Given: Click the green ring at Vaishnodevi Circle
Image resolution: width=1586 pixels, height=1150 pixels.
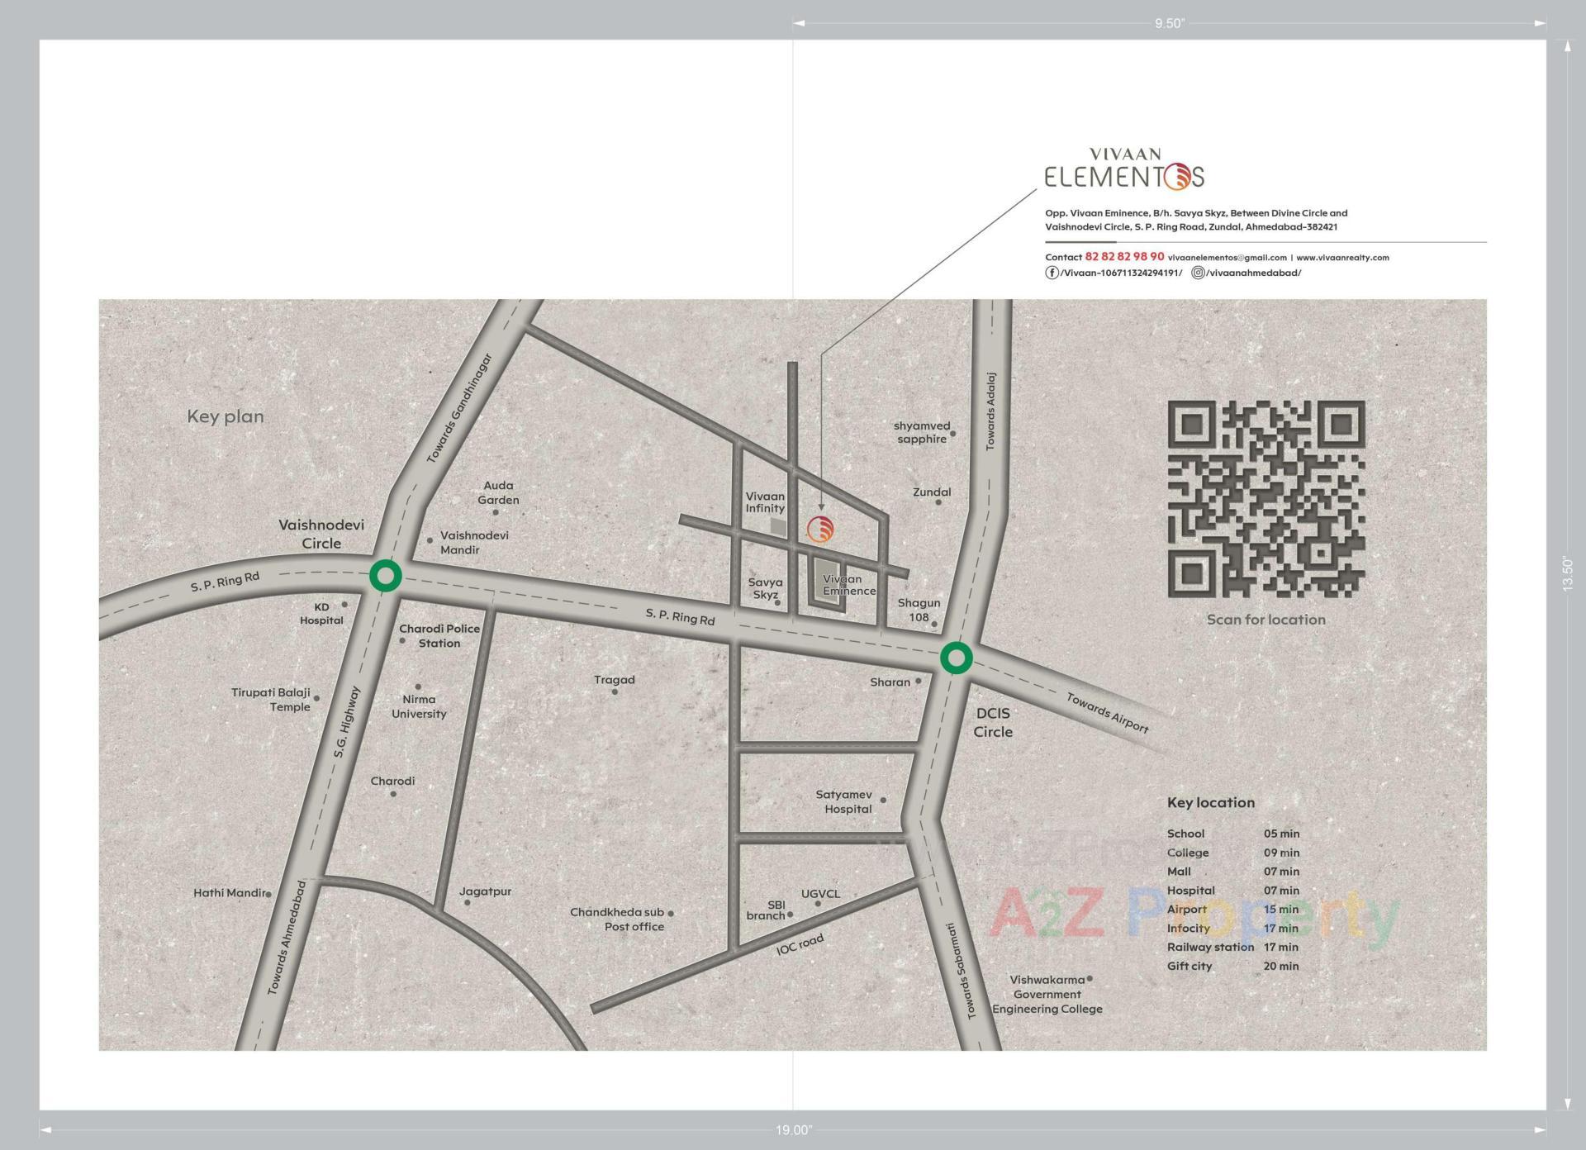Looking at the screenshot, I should coord(385,576).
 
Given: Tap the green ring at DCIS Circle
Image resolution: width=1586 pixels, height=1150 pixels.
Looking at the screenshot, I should coord(956,658).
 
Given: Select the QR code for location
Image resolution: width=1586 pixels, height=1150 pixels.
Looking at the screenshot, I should coord(1265,499).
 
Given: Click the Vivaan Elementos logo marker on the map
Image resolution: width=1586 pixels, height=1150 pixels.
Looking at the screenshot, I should coord(820,530).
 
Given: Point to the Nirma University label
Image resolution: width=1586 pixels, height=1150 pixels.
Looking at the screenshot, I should coord(419,706).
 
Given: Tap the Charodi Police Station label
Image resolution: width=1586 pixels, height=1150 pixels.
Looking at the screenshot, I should coord(439,635).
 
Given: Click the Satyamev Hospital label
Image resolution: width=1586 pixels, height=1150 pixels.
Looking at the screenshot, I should coord(844,801).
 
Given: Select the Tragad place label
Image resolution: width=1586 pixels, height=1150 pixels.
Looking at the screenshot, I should coord(615,680).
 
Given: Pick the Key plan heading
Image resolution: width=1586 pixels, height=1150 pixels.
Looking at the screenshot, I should coord(226,416).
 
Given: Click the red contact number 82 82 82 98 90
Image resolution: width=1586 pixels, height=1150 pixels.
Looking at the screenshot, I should coord(1124,257).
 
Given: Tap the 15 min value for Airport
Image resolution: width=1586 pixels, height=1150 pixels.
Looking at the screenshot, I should coord(1281,910).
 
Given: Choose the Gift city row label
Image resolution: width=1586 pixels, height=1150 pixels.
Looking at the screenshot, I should coord(1189,966).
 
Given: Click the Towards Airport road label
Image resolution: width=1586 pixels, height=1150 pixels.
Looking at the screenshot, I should coord(1107,711).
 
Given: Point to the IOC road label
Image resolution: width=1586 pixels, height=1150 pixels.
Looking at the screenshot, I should coord(800,944).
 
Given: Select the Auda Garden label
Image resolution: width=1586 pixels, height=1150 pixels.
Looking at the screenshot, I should coord(498,492).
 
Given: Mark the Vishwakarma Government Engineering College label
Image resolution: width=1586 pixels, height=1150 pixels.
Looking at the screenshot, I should coord(1047,994).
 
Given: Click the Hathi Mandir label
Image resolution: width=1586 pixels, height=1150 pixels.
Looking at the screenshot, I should coord(230,893).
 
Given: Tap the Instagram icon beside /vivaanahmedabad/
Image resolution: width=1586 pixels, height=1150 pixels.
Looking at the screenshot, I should coord(1198,273).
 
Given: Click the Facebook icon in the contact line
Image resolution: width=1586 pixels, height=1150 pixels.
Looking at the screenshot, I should coord(1052,273).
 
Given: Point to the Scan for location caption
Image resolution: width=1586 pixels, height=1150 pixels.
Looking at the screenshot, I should coord(1265,620).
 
